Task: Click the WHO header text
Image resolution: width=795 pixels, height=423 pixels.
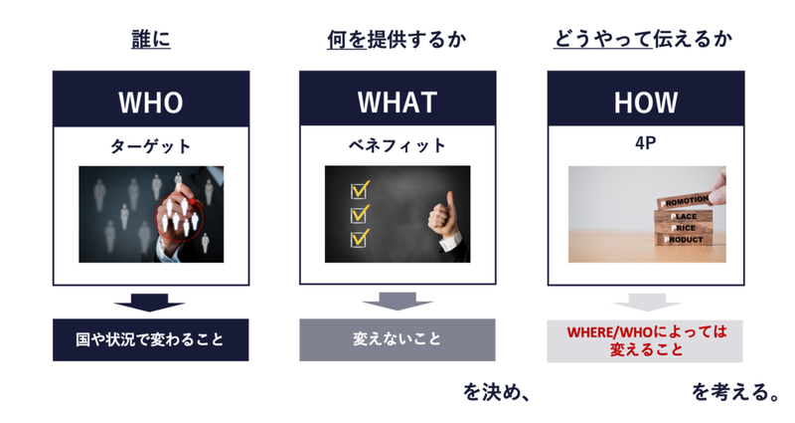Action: (151, 103)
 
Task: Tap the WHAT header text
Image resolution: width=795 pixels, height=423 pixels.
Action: (397, 103)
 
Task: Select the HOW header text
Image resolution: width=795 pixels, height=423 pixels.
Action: (645, 103)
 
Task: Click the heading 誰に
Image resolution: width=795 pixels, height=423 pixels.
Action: (151, 39)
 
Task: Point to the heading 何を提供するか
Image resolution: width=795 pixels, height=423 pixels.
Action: (397, 39)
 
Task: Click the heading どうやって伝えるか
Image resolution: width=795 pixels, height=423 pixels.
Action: (643, 39)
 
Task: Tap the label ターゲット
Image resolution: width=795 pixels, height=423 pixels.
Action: (151, 146)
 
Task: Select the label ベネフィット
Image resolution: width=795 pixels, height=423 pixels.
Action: (397, 145)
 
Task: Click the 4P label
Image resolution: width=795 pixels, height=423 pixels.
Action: (645, 143)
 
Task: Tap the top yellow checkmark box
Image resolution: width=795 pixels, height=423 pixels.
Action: (360, 190)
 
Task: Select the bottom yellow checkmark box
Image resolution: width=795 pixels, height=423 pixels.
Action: (360, 238)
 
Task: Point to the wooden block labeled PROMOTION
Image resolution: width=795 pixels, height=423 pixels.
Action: (684, 201)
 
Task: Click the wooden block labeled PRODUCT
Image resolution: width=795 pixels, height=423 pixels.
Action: (684, 240)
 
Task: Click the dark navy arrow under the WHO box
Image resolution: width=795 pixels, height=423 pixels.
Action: (150, 302)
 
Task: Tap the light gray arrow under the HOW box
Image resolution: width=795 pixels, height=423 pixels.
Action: (647, 302)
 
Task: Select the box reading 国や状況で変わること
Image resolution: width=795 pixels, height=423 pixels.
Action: (151, 339)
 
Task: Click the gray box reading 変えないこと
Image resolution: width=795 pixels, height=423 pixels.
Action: (397, 339)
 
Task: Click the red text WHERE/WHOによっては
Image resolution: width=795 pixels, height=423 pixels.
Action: (647, 332)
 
